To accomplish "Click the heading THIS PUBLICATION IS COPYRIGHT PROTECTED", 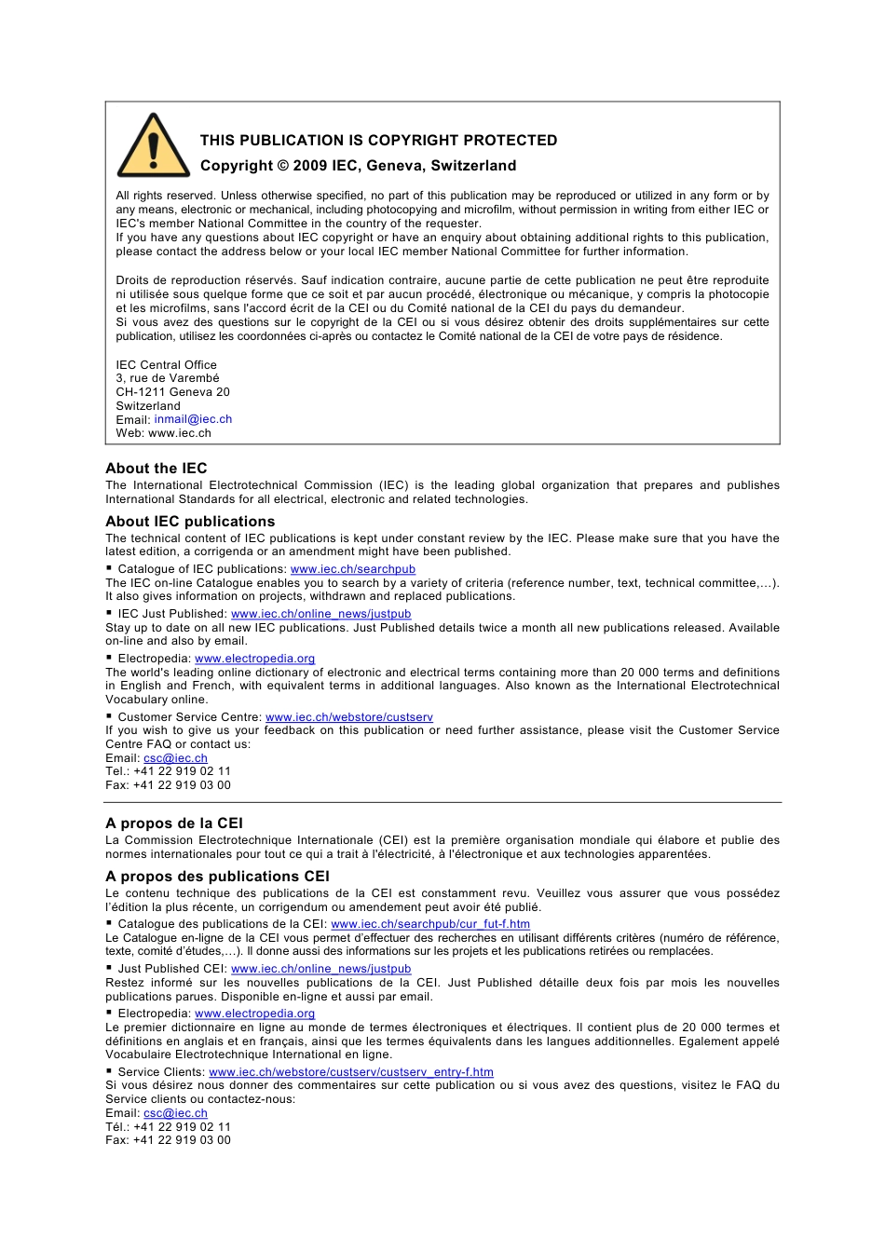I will pos(378,141).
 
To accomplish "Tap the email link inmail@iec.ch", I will pos(193,419).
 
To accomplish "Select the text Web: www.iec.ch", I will pos(163,433).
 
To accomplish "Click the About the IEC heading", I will pos(157,469).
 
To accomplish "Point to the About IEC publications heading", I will pos(190,522).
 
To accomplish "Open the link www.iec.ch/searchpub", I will pos(353,569).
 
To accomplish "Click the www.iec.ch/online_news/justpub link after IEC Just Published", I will pos(320,614).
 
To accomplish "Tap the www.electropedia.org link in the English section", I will pos(254,659).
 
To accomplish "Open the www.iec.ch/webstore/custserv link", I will pos(349,717).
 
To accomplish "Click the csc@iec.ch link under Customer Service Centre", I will pos(175,758).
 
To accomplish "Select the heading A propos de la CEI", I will pos(174,823).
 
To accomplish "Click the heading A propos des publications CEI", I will pos(217,877).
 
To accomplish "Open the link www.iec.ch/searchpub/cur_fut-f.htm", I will pos(430,924).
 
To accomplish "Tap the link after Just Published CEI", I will pos(320,969).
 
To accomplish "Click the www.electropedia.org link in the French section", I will pos(254,1014).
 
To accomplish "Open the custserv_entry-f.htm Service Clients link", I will pos(351,1072).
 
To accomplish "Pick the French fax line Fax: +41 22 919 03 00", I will pos(168,1140).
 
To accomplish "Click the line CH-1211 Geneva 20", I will pos(172,392).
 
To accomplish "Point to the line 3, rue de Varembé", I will pos(168,378).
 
